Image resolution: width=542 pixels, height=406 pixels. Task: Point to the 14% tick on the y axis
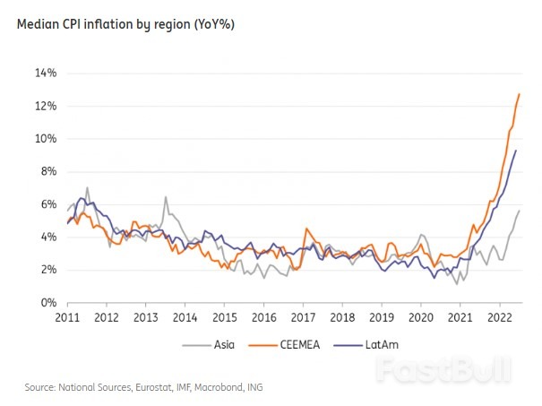point(45,73)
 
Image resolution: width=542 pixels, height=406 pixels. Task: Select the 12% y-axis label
point(45,106)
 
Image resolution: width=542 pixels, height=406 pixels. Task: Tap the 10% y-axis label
point(45,139)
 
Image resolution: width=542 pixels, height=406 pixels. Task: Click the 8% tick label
point(47,171)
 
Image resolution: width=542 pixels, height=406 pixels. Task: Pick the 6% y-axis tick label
point(47,204)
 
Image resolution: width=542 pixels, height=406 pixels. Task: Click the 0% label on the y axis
point(47,303)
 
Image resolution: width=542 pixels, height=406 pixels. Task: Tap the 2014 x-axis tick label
point(185,317)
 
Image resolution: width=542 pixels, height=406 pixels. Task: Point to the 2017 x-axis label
point(303,317)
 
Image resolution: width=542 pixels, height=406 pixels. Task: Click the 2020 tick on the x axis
point(421,317)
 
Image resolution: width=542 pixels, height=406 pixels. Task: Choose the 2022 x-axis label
point(499,317)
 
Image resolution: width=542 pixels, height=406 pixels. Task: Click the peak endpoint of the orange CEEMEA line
point(520,94)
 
